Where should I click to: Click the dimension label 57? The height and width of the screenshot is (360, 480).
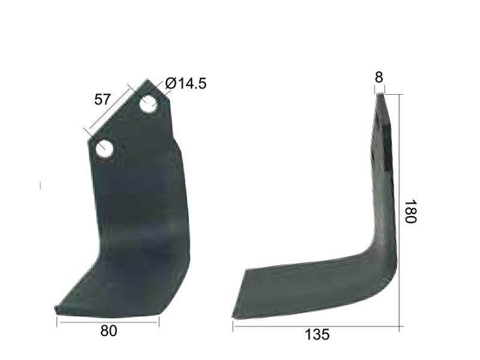(103, 100)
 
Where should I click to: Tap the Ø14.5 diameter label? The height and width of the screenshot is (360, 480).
(185, 83)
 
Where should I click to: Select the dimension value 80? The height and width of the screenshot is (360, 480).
(109, 331)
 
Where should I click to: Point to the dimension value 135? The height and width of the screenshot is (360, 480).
(317, 335)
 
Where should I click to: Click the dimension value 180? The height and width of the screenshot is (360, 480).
(410, 212)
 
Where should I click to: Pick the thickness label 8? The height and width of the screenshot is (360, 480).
(379, 77)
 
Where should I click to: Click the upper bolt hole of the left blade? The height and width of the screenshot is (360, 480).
(149, 104)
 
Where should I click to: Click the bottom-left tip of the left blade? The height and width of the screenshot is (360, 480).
(56, 309)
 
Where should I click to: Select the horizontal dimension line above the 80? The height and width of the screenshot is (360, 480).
(108, 322)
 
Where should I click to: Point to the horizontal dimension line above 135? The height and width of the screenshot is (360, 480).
(317, 327)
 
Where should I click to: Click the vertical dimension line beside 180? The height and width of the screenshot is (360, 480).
(400, 210)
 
